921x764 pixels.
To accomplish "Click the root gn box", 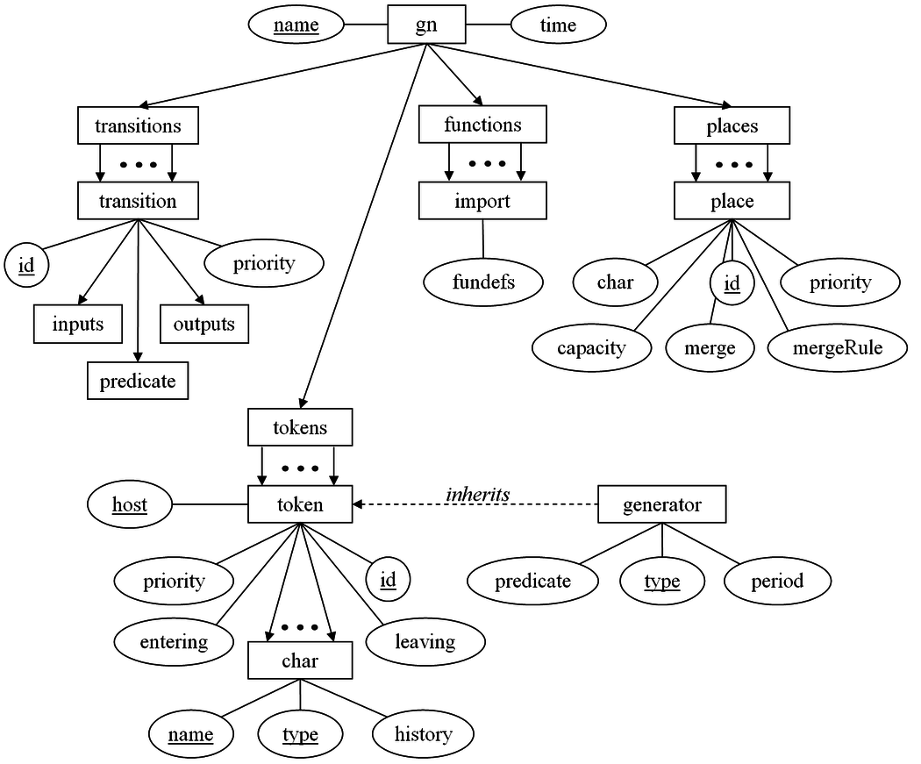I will [x=425, y=25].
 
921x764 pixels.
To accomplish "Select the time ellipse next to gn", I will [x=558, y=25].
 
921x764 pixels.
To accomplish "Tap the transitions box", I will [x=138, y=125].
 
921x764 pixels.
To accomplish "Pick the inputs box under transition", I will [x=78, y=324].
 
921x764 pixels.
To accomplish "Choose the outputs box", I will [x=203, y=324].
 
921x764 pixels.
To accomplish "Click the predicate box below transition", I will [x=138, y=381].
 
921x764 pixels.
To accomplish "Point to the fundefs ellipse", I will [x=483, y=282].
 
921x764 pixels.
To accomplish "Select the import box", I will [x=482, y=201].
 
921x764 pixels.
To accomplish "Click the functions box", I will [x=482, y=125].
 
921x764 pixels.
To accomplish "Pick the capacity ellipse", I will [x=591, y=348].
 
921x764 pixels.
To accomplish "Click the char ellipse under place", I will [x=616, y=282].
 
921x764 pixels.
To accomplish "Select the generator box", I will [x=662, y=505].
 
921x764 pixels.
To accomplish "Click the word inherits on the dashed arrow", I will [x=477, y=495].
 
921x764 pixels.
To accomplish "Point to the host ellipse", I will [x=129, y=504].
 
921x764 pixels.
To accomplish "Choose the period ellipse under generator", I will [x=777, y=581].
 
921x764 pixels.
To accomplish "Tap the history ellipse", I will [x=424, y=734].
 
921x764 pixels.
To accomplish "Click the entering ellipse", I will [x=174, y=642].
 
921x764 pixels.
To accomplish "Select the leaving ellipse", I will [x=425, y=642].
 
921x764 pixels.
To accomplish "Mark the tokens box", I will [x=300, y=428].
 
